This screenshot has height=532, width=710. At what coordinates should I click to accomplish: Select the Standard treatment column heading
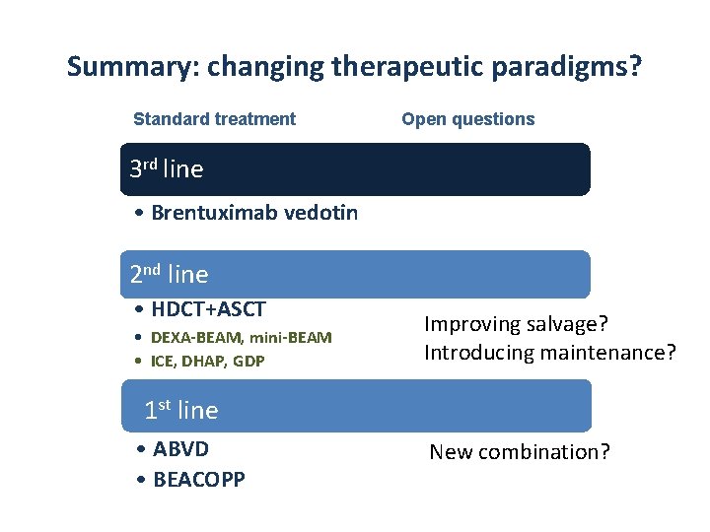pos(214,119)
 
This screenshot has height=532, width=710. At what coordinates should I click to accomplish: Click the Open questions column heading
pos(467,119)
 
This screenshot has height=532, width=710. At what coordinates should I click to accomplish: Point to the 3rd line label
pos(166,169)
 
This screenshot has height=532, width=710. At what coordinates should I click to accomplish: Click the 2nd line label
pos(169,274)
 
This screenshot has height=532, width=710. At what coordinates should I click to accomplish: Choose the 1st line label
pos(180,410)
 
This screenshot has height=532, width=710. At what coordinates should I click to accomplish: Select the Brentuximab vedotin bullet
pos(254,214)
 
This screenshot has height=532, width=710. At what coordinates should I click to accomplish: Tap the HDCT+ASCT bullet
pos(208,309)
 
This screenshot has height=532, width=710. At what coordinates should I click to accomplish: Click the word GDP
pos(249,362)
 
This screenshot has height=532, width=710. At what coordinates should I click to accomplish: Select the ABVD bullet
pos(180,449)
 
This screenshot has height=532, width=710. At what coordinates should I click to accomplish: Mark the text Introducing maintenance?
pos(549,353)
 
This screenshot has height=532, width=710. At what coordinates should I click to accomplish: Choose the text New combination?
pos(520,453)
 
